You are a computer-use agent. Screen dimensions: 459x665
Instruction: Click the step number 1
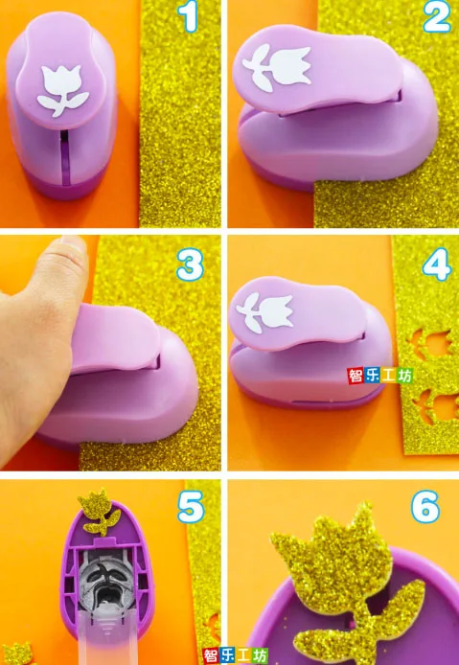(x=188, y=17)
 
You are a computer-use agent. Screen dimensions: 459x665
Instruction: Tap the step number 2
(x=437, y=17)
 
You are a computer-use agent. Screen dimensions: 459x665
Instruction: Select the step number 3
(x=191, y=265)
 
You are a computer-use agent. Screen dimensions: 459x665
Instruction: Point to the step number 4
(x=437, y=265)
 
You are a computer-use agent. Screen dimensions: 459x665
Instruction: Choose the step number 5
(x=191, y=507)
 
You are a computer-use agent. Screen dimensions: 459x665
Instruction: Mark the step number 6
(x=425, y=506)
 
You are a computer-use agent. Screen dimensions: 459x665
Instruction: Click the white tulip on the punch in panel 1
(x=63, y=90)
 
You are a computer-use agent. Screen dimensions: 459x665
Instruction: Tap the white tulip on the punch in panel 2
(x=277, y=67)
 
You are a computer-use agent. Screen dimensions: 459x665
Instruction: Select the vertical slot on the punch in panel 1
(x=64, y=157)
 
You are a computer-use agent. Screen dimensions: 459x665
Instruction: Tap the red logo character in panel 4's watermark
(x=355, y=376)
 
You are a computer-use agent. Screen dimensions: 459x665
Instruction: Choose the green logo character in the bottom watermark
(x=260, y=655)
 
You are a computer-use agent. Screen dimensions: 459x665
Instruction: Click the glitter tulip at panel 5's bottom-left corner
(x=17, y=654)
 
